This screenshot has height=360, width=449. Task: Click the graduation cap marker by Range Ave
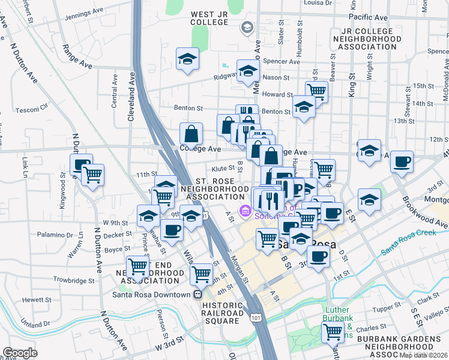(x=187, y=59)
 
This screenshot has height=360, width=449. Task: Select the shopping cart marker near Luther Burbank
(x=332, y=331)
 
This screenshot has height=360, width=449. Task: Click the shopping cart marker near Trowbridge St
(x=138, y=265)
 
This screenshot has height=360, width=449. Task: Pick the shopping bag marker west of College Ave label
(x=191, y=133)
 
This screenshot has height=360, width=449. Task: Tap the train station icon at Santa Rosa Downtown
(x=197, y=295)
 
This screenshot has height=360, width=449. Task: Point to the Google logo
(x=20, y=353)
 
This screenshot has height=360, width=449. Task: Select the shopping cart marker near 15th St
(x=316, y=91)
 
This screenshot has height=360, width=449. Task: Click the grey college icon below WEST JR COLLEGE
(x=246, y=27)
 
